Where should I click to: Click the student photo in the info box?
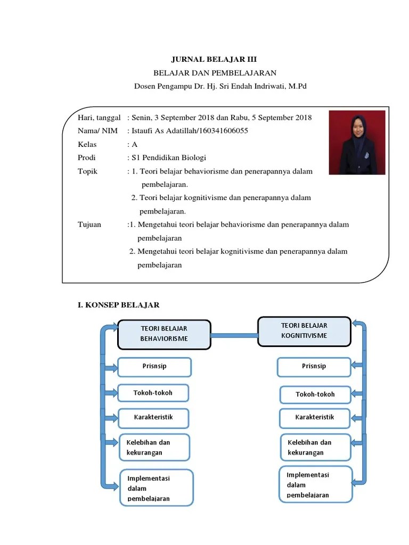click(357, 142)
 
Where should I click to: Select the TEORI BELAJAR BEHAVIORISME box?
click(164, 334)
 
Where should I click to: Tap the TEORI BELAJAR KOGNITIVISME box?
click(304, 331)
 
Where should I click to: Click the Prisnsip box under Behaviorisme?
click(154, 367)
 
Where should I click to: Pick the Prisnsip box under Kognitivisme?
click(314, 367)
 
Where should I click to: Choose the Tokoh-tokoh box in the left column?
click(153, 393)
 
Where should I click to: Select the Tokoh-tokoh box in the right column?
click(315, 395)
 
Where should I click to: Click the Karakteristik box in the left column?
click(153, 418)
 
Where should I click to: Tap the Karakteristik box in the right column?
click(315, 418)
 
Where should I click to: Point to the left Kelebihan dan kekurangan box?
click(154, 448)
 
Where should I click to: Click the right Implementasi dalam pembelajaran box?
click(315, 484)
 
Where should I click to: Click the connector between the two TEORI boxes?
click(234, 335)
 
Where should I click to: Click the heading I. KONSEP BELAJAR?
click(118, 305)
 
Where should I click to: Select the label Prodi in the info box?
click(86, 158)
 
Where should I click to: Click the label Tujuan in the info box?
click(89, 225)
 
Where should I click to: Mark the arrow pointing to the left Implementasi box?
click(112, 484)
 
